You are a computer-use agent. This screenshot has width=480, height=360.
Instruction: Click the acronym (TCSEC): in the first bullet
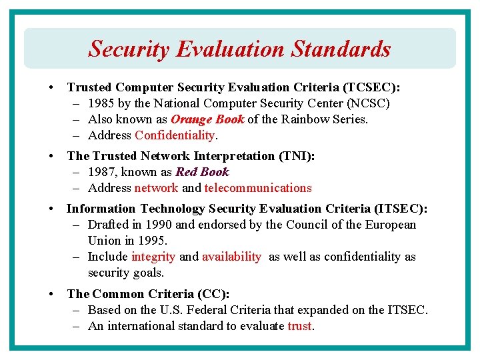[371, 87]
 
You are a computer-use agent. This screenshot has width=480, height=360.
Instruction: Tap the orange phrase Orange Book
[207, 119]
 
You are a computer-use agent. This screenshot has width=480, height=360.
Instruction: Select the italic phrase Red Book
[202, 172]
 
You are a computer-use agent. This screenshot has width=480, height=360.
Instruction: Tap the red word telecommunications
[258, 188]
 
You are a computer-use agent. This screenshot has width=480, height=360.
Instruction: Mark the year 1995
[151, 241]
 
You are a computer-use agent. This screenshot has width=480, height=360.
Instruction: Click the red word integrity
[153, 257]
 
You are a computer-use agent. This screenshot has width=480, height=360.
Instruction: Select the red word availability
[231, 257]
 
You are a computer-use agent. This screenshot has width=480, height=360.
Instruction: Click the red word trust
[299, 326]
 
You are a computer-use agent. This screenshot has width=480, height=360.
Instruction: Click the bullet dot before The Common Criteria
[51, 294]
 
